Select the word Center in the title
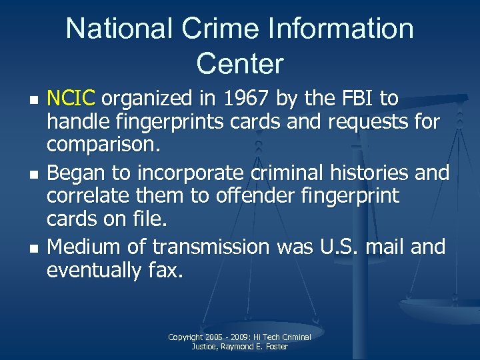pos(240,64)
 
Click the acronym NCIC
pos(72,99)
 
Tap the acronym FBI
pos(352,99)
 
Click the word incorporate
pos(192,173)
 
